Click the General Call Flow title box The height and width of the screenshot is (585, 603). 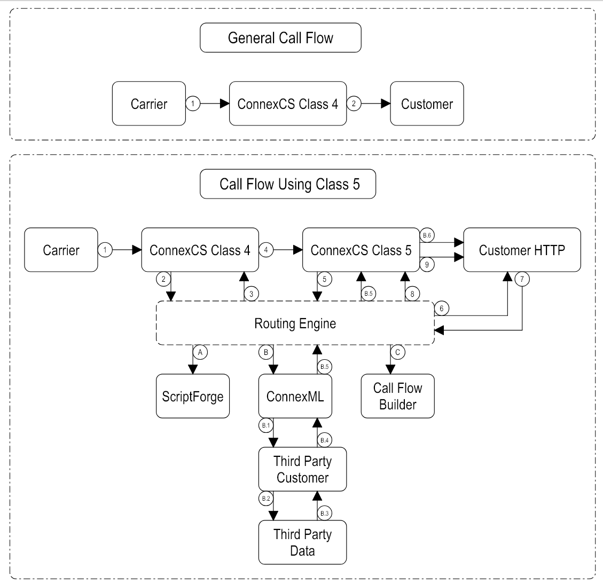coord(280,38)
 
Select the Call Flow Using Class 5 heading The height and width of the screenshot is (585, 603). coord(289,184)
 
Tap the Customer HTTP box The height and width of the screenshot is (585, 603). coord(522,250)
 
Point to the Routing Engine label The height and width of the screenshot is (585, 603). coord(295,323)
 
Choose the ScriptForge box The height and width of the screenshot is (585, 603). coord(193,396)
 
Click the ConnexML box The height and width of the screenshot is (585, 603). coord(295,396)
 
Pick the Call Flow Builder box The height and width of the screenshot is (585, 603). coord(397,396)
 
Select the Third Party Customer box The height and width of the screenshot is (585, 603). coord(302,469)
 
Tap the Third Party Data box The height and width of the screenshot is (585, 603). coord(302,542)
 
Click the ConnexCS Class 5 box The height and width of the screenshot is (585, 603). coord(361,250)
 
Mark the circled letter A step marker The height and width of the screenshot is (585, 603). coord(200,352)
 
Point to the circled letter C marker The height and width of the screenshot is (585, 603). coord(397,352)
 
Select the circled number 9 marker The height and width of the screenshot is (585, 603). coord(426,263)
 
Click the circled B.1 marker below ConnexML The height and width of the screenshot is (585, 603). coord(265,425)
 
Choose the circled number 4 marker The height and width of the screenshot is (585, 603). coord(265,250)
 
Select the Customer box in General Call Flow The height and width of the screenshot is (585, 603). coord(427,104)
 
